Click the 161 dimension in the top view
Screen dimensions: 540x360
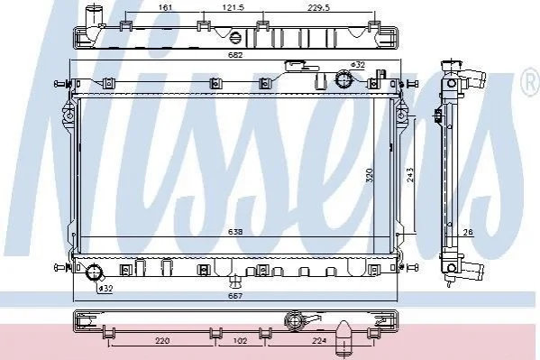(166, 7)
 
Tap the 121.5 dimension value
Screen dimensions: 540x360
(233, 7)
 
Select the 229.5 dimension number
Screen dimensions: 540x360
(319, 7)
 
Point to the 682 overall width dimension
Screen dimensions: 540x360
(235, 55)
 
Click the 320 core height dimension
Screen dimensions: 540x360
(370, 175)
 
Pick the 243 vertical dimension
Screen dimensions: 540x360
(410, 175)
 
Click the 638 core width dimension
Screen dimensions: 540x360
(235, 232)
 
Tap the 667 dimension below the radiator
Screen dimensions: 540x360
(235, 296)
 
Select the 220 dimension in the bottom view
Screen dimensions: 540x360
(162, 341)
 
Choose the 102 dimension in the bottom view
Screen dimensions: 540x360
(240, 341)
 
